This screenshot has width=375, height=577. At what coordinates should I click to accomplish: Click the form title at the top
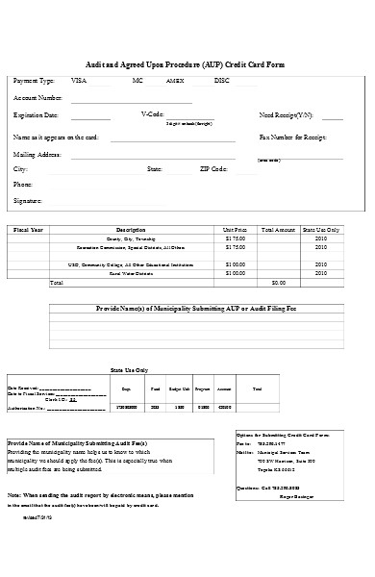pos(187,64)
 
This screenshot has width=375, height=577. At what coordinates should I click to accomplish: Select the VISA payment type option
pos(79,81)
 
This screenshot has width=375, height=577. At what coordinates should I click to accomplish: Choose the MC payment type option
pos(137,81)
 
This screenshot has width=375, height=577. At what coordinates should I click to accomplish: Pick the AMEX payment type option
pos(175,81)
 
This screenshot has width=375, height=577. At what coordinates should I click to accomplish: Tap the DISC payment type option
pos(221,81)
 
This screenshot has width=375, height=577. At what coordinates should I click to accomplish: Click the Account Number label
pos(38,98)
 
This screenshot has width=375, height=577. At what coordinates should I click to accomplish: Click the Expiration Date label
pos(37,114)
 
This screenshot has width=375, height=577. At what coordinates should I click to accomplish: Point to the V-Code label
pos(153,114)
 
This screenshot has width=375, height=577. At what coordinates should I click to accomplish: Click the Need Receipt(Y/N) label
pos(287,114)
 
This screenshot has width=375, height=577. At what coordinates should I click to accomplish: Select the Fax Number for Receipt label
pos(291,138)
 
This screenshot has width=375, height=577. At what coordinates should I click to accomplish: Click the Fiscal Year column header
pos(27,231)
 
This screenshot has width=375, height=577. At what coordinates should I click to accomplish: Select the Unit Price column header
pos(235,231)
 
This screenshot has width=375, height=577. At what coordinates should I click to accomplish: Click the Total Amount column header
pos(278,231)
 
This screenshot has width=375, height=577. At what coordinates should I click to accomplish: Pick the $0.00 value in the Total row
pos(279,283)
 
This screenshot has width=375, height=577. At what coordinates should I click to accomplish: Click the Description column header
pos(130,231)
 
